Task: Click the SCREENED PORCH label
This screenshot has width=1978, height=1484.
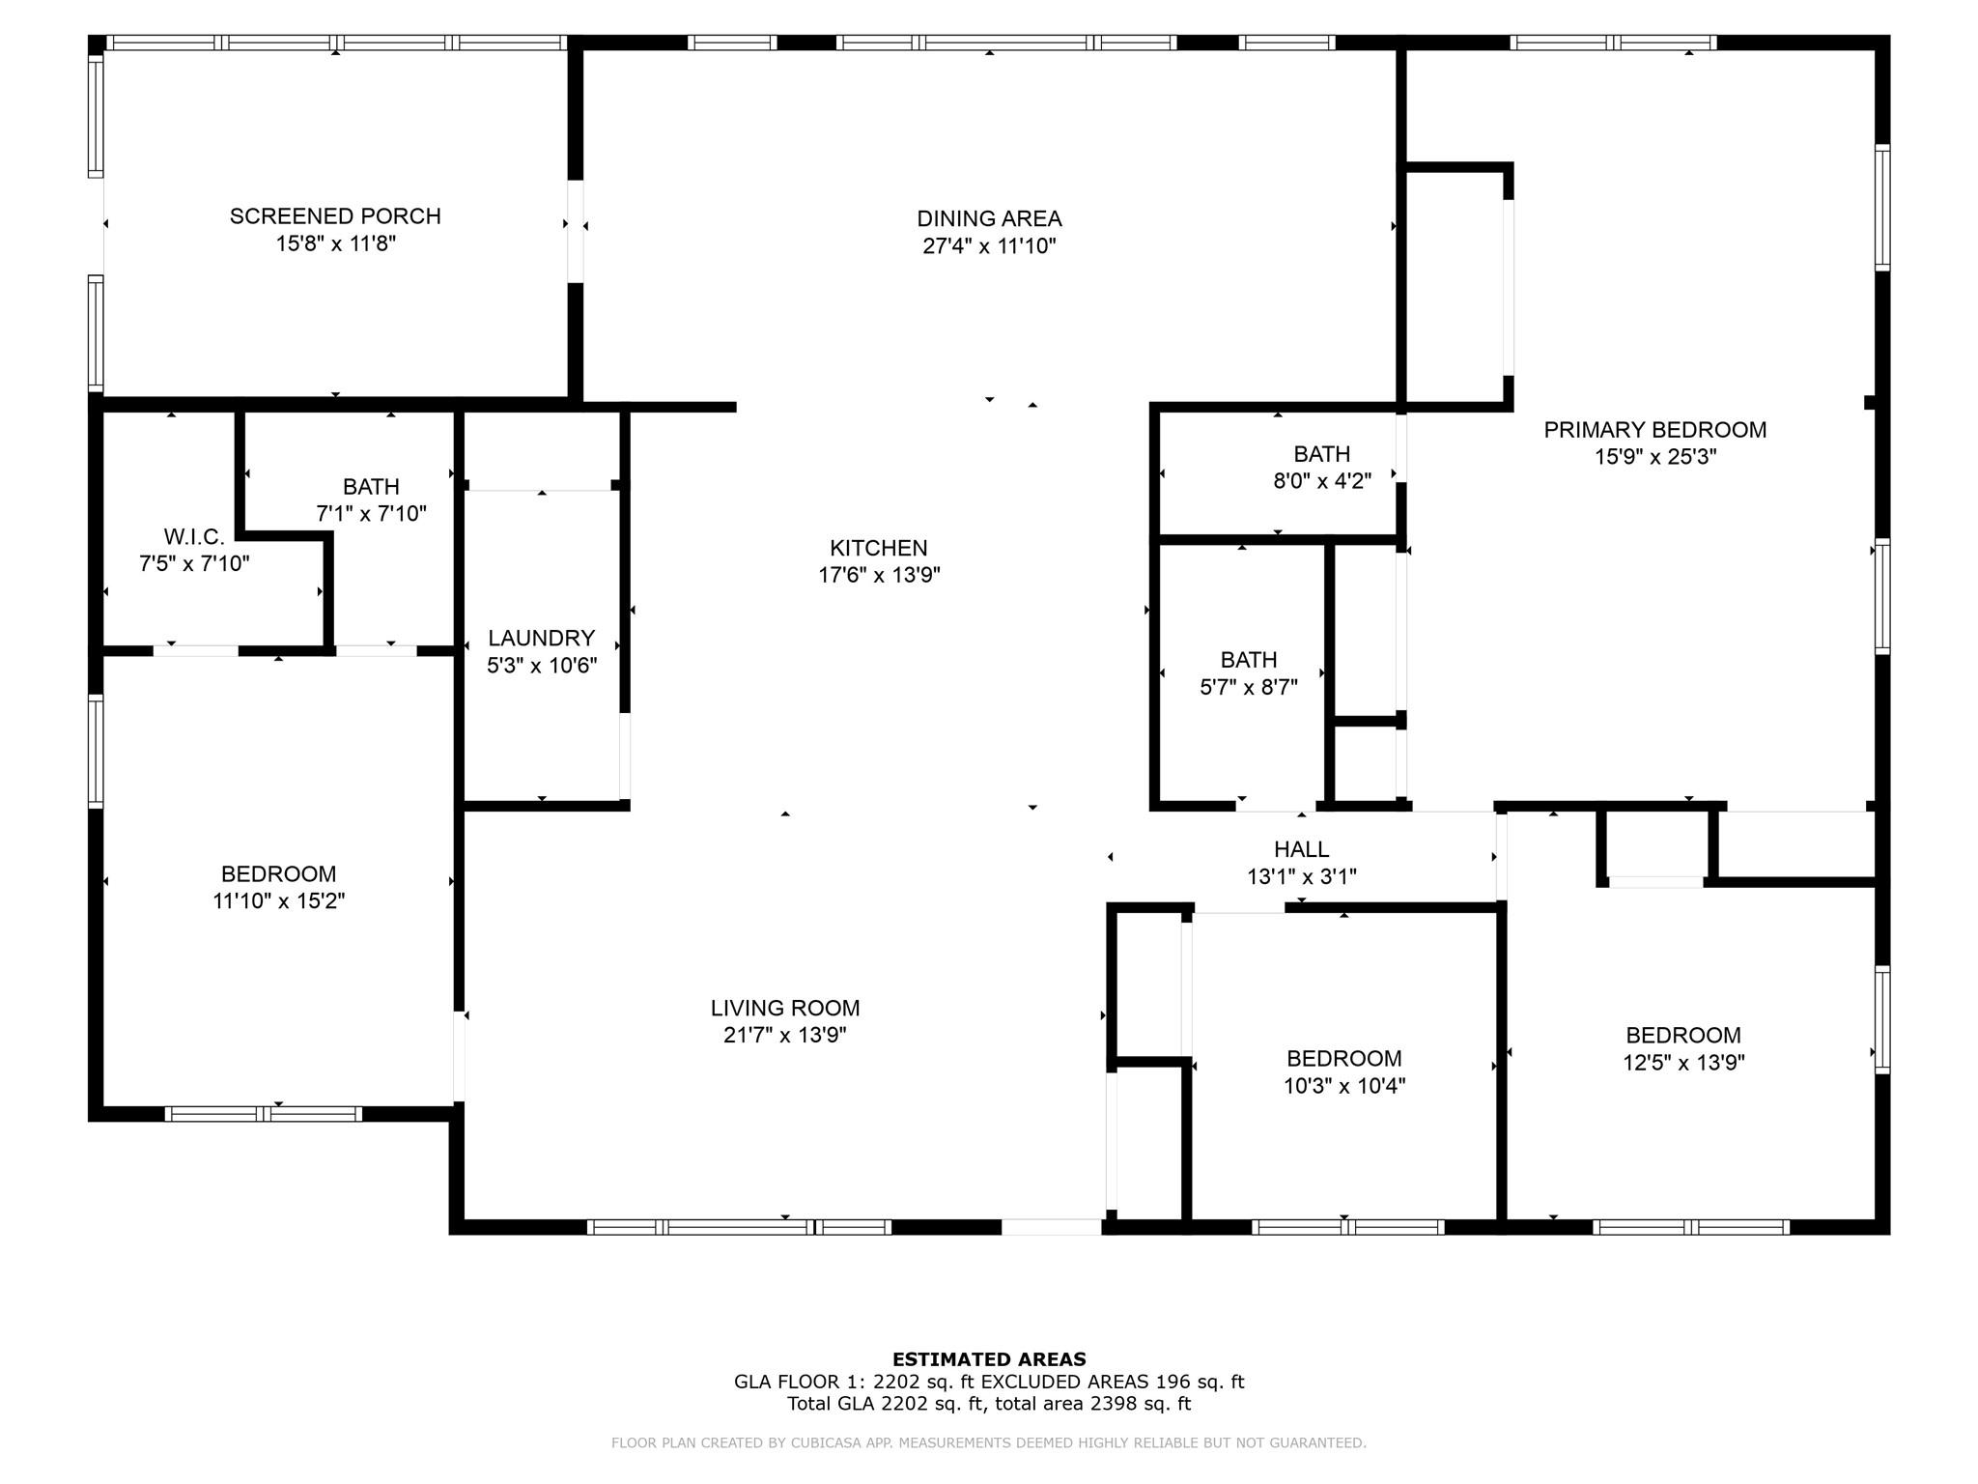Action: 335,216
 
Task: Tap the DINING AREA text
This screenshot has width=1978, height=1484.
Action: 989,218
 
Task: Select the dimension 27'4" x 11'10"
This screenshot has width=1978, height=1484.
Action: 989,246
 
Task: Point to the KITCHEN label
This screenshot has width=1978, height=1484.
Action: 879,548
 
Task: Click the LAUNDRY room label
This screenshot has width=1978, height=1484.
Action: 541,638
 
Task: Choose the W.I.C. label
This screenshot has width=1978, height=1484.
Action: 194,536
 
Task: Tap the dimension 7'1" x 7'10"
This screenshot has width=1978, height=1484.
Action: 371,514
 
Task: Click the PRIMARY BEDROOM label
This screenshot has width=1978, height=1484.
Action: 1655,430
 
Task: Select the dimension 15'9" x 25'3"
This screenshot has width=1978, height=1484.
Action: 1655,457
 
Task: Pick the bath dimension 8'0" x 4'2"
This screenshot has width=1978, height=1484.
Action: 1322,481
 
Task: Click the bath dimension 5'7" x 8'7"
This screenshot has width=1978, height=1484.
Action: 1249,687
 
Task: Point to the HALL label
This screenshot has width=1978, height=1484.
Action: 1302,849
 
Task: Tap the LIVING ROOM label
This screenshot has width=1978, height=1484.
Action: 785,1008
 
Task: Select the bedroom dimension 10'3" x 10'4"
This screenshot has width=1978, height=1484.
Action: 1344,1086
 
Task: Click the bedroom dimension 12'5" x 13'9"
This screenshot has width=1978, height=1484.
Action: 1683,1063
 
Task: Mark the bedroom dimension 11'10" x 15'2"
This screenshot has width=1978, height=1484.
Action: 279,901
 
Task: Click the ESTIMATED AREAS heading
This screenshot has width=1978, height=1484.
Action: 989,1359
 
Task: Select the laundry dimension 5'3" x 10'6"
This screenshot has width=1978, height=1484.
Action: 542,666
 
